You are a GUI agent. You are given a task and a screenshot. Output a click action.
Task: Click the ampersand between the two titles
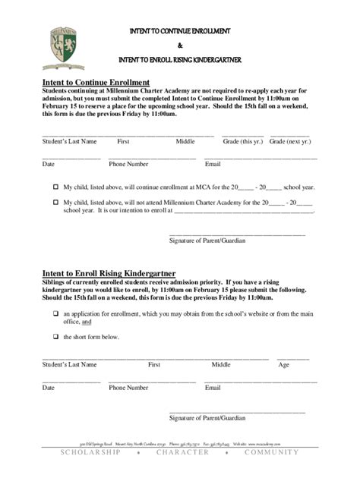click(x=180, y=45)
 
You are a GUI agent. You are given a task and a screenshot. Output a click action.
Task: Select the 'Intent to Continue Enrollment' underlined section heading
click(x=95, y=82)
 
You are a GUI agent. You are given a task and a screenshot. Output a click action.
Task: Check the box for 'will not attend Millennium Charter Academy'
click(x=55, y=203)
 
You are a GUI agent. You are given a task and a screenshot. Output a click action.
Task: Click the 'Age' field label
click(x=283, y=365)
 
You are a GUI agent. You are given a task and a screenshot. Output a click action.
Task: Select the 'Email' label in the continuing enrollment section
click(x=213, y=164)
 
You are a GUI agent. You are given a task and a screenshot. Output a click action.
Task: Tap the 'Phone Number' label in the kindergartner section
click(x=128, y=388)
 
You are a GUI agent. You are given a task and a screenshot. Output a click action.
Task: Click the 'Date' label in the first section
click(x=48, y=164)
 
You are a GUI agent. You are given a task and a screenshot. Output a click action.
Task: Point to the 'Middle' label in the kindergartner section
click(x=221, y=365)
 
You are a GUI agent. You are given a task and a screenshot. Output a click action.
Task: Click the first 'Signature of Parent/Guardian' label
click(x=207, y=241)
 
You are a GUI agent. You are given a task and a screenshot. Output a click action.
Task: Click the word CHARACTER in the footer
click(x=182, y=453)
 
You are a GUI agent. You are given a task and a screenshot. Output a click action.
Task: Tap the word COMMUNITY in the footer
click(x=272, y=453)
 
